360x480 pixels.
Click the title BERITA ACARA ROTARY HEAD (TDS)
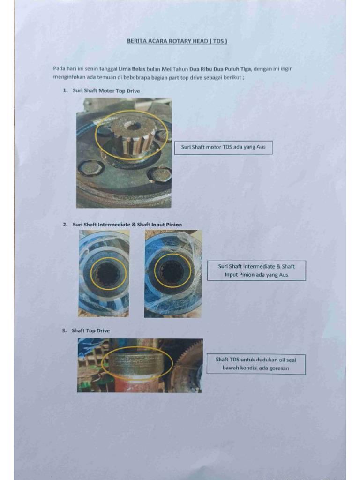(x=177, y=41)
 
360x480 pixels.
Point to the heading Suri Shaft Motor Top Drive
(x=106, y=90)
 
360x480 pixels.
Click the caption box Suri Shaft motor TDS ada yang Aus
(x=223, y=147)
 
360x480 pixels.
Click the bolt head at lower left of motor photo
(x=90, y=167)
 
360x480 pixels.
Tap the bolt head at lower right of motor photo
(x=159, y=175)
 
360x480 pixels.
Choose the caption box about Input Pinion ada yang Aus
(x=256, y=270)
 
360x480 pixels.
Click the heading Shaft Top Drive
(x=90, y=330)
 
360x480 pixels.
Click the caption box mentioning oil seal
(x=256, y=364)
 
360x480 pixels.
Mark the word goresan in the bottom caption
(x=279, y=368)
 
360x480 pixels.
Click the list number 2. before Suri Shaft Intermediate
(x=65, y=225)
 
